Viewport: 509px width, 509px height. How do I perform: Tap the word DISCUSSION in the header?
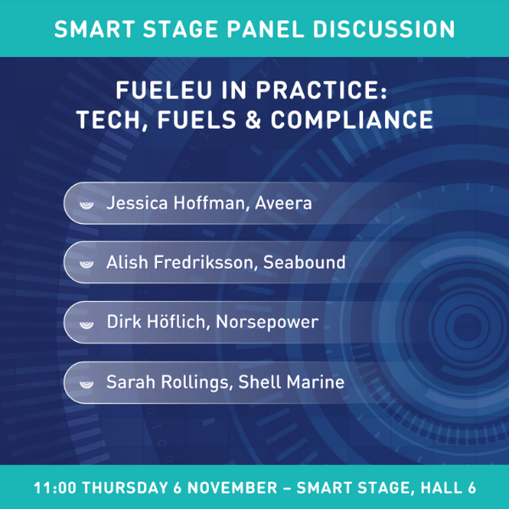click(383, 29)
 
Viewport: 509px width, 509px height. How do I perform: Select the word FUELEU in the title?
click(164, 90)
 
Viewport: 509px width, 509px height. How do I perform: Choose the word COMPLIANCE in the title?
click(352, 120)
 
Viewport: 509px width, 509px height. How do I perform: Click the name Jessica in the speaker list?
click(137, 203)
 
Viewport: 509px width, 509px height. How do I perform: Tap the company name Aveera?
click(283, 204)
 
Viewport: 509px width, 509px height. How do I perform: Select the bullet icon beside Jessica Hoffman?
click(87, 204)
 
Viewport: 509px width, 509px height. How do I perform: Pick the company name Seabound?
click(305, 262)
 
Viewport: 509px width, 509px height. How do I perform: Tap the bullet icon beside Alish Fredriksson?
click(87, 263)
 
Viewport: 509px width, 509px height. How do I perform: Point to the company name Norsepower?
click(267, 322)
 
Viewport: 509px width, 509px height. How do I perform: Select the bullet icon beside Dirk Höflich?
click(87, 322)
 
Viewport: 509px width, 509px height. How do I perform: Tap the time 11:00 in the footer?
click(55, 488)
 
